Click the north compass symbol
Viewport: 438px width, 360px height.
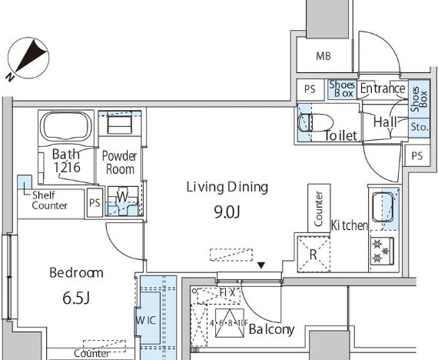[28, 58]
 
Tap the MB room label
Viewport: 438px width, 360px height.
[324, 56]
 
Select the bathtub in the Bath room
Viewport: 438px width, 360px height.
[65, 127]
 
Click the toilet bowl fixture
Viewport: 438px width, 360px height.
[316, 122]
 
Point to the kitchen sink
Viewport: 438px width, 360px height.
[383, 207]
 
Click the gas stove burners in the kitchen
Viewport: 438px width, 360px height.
[382, 251]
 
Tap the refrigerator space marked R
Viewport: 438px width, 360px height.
[314, 255]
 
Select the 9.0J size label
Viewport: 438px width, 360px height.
[227, 212]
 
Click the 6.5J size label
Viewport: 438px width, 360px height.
[76, 298]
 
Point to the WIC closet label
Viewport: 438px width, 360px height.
[146, 320]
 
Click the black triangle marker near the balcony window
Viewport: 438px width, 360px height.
[261, 265]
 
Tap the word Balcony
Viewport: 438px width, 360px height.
[271, 329]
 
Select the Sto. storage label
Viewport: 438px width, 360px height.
[420, 127]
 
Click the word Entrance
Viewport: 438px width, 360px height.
[383, 88]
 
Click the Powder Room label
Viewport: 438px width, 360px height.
[119, 162]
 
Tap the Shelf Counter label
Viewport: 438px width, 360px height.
[49, 200]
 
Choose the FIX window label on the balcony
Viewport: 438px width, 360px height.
[227, 293]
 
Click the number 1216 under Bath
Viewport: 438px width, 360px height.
[67, 167]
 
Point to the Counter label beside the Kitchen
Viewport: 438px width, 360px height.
[318, 208]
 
